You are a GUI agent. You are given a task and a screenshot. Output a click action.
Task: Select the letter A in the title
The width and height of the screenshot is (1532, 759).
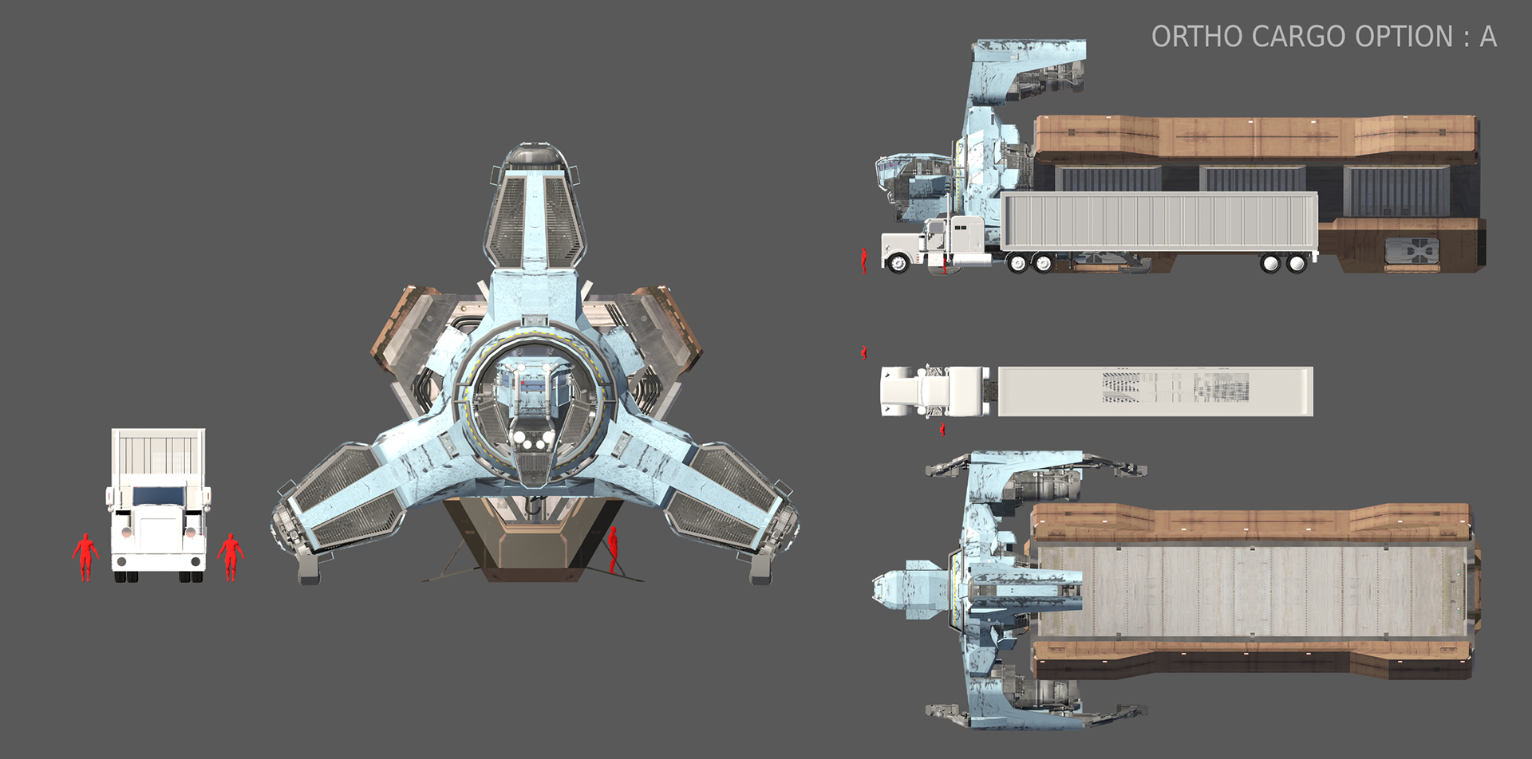(x=1487, y=37)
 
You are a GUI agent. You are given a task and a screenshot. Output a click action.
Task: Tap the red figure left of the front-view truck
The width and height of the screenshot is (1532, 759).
(x=85, y=556)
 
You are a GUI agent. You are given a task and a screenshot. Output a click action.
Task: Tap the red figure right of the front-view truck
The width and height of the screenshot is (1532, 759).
(x=230, y=556)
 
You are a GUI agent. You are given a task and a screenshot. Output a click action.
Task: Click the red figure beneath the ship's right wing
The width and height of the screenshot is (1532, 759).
(x=613, y=549)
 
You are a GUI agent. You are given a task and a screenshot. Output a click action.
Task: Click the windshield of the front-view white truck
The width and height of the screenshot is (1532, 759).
(x=159, y=496)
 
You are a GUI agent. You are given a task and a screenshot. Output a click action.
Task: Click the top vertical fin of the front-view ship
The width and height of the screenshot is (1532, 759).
(x=534, y=207)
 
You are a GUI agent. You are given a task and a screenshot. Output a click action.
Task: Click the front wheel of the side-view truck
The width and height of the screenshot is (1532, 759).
(x=898, y=262)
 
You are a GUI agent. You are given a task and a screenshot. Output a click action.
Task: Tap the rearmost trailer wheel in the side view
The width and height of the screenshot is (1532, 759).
(x=1297, y=262)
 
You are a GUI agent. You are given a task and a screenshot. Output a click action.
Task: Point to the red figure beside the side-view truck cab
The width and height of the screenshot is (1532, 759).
(x=864, y=260)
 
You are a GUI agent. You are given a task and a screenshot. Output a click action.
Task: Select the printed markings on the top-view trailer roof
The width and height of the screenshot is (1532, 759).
(x=1173, y=387)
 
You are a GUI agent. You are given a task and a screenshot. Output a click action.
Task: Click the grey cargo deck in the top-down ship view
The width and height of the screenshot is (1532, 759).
(x=1253, y=592)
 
